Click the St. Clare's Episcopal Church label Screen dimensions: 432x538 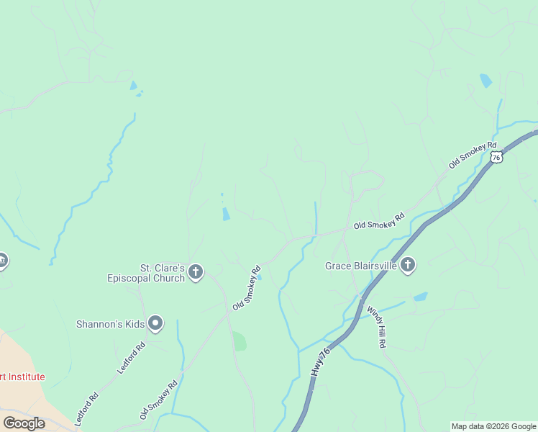click(x=146, y=273)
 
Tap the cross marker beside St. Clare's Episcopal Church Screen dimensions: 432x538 click(x=196, y=272)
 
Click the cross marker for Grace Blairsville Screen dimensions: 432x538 click(x=408, y=266)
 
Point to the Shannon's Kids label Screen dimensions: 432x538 click(x=110, y=324)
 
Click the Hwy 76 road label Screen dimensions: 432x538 click(x=321, y=361)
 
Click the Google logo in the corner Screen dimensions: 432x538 click(x=24, y=423)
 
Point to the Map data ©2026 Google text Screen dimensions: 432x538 click(x=493, y=426)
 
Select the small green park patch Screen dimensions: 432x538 click(x=240, y=341)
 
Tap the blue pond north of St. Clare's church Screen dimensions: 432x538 click(x=226, y=214)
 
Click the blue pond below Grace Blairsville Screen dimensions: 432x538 click(x=420, y=296)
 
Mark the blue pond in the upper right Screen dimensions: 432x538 click(x=486, y=81)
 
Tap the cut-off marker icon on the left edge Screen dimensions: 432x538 click(x=2, y=261)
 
